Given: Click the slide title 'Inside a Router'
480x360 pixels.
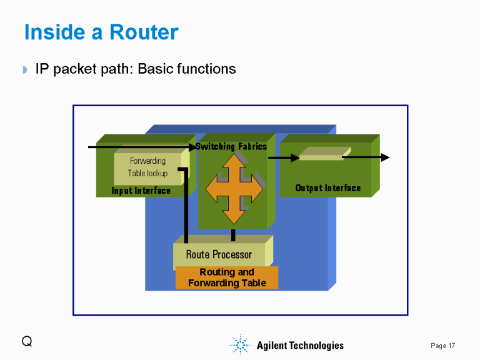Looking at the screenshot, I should [101, 32].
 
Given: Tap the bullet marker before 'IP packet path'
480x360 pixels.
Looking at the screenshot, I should [26, 69].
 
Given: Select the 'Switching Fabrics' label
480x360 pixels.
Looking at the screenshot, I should [231, 146].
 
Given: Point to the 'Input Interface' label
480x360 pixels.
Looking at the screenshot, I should [141, 191].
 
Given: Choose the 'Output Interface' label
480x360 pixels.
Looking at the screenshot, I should [327, 188].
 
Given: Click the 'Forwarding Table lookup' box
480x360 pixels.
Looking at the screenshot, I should [147, 167].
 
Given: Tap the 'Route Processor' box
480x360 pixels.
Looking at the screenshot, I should [219, 254].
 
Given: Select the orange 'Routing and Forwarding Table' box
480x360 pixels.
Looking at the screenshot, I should [227, 277].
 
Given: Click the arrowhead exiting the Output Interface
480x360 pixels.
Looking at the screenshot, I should [385, 157].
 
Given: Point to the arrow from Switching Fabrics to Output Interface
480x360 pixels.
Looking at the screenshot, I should [283, 157].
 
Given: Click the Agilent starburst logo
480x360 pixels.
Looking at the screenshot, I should [240, 345].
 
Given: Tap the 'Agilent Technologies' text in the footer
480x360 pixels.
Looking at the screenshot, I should [300, 346].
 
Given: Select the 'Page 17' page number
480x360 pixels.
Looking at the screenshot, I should [442, 346].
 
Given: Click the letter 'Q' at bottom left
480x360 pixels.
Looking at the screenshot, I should [26, 341].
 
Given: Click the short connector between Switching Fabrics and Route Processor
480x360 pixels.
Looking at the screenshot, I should [233, 235].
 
